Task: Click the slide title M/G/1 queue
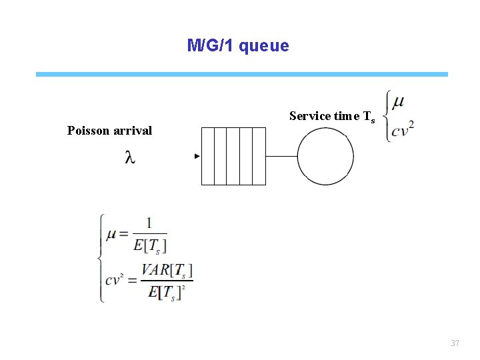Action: pos(238,46)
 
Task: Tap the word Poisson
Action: pos(88,131)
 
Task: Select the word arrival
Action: pos(133,131)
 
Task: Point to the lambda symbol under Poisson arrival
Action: pos(129,157)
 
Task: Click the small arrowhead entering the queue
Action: pos(197,156)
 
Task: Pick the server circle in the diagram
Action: pos(325,157)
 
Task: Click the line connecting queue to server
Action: pos(281,157)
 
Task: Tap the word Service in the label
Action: pos(310,116)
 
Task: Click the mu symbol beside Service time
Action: pos(398,103)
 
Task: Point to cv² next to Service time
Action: pos(403,129)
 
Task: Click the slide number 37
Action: pos(455,343)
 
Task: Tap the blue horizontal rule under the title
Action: pos(241,74)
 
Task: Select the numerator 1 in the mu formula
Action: pos(149,223)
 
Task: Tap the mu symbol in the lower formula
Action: pos(111,234)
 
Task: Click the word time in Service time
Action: pos(347,116)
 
